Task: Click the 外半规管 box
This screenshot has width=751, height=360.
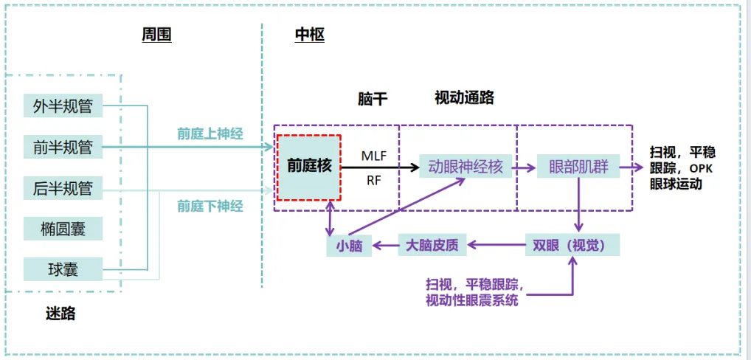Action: click(63, 105)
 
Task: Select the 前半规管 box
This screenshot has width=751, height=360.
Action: click(63, 147)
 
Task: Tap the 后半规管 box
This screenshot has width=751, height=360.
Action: click(63, 188)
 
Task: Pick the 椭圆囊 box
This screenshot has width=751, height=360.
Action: click(63, 229)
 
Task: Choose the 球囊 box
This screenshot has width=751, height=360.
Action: click(63, 269)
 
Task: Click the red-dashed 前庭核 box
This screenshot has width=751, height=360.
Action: click(309, 167)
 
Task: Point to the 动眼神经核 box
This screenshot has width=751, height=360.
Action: click(465, 167)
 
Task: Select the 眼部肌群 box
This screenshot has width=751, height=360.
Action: click(578, 167)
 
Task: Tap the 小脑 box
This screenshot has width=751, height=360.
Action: click(349, 246)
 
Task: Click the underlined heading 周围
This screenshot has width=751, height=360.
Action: click(156, 35)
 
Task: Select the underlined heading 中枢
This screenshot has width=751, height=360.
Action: click(309, 35)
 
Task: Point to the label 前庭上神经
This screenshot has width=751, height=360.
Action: click(210, 134)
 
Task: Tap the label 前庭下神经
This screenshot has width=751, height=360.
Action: click(210, 207)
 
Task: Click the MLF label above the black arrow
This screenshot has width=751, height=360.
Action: click(373, 156)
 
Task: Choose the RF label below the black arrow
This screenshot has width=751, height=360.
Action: click(373, 180)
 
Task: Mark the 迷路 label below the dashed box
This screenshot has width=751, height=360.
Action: click(60, 314)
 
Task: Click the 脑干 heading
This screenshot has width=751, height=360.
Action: click(373, 99)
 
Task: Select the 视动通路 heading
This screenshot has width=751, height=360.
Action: click(464, 97)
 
